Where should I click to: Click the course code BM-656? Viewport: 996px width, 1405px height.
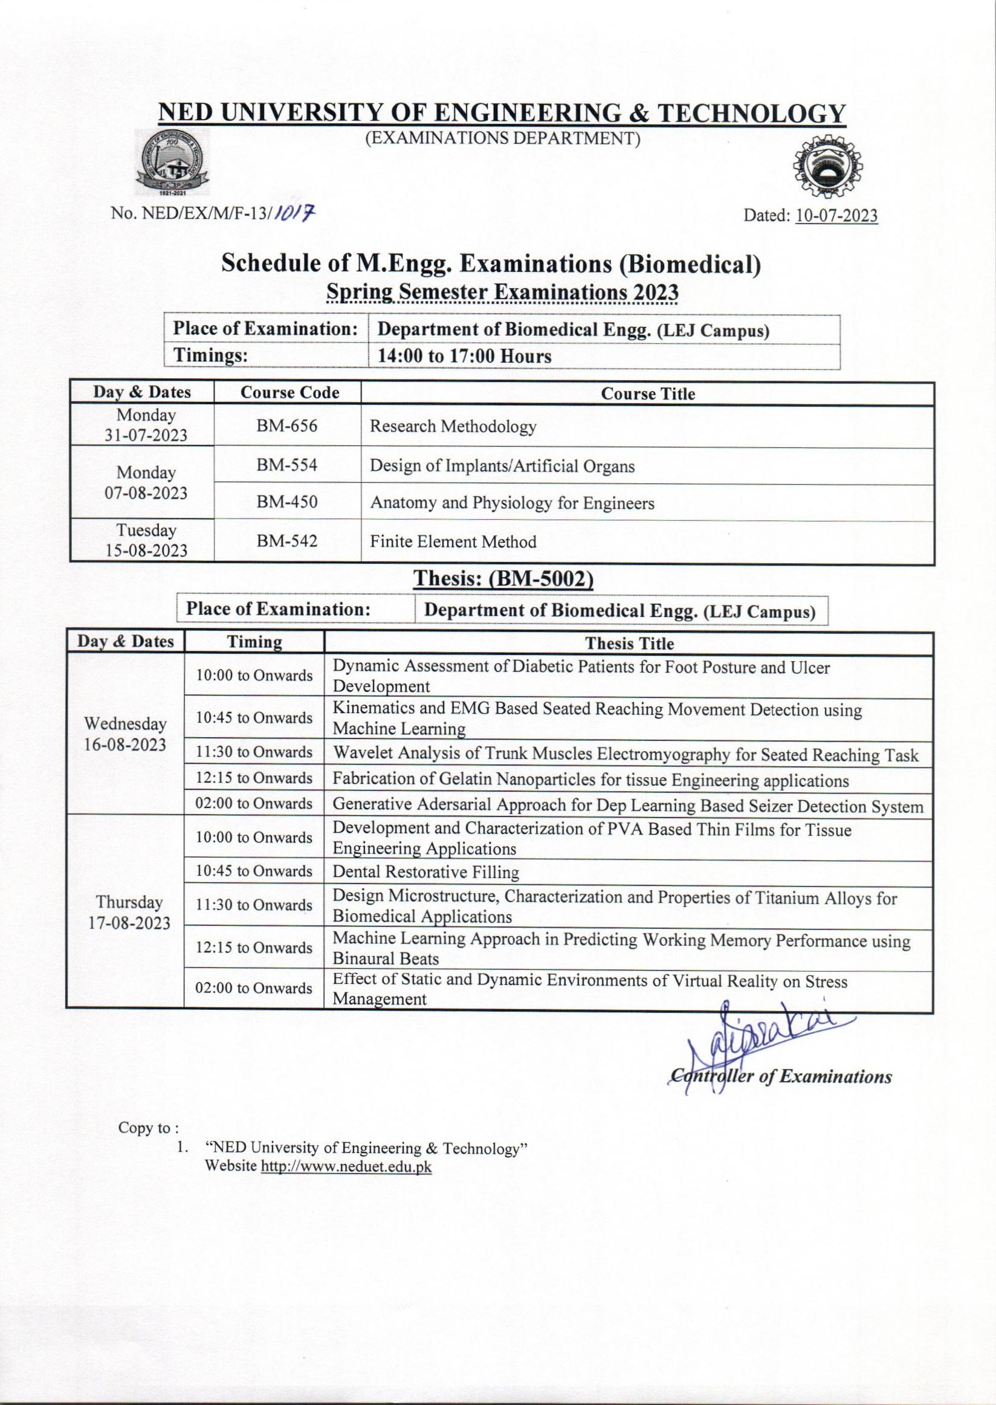[286, 425]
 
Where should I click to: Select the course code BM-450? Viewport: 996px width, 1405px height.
[286, 502]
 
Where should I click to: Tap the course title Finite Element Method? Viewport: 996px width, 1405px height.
[453, 541]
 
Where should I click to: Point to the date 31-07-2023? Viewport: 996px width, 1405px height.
[146, 436]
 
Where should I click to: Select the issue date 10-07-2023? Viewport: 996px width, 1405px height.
[836, 216]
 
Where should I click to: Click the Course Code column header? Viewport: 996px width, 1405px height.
[289, 392]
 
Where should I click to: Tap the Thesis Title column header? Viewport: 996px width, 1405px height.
[629, 644]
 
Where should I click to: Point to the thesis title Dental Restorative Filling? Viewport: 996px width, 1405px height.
[425, 871]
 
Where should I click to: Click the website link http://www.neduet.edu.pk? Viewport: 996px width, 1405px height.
[346, 1166]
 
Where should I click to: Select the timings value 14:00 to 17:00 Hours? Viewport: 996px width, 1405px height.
[464, 357]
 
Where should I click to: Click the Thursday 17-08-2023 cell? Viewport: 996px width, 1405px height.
[129, 912]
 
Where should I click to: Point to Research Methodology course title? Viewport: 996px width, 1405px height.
[453, 426]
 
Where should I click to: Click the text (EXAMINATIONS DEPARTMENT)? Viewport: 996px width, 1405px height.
[503, 139]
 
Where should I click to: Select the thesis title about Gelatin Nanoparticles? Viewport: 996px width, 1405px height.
[590, 780]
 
